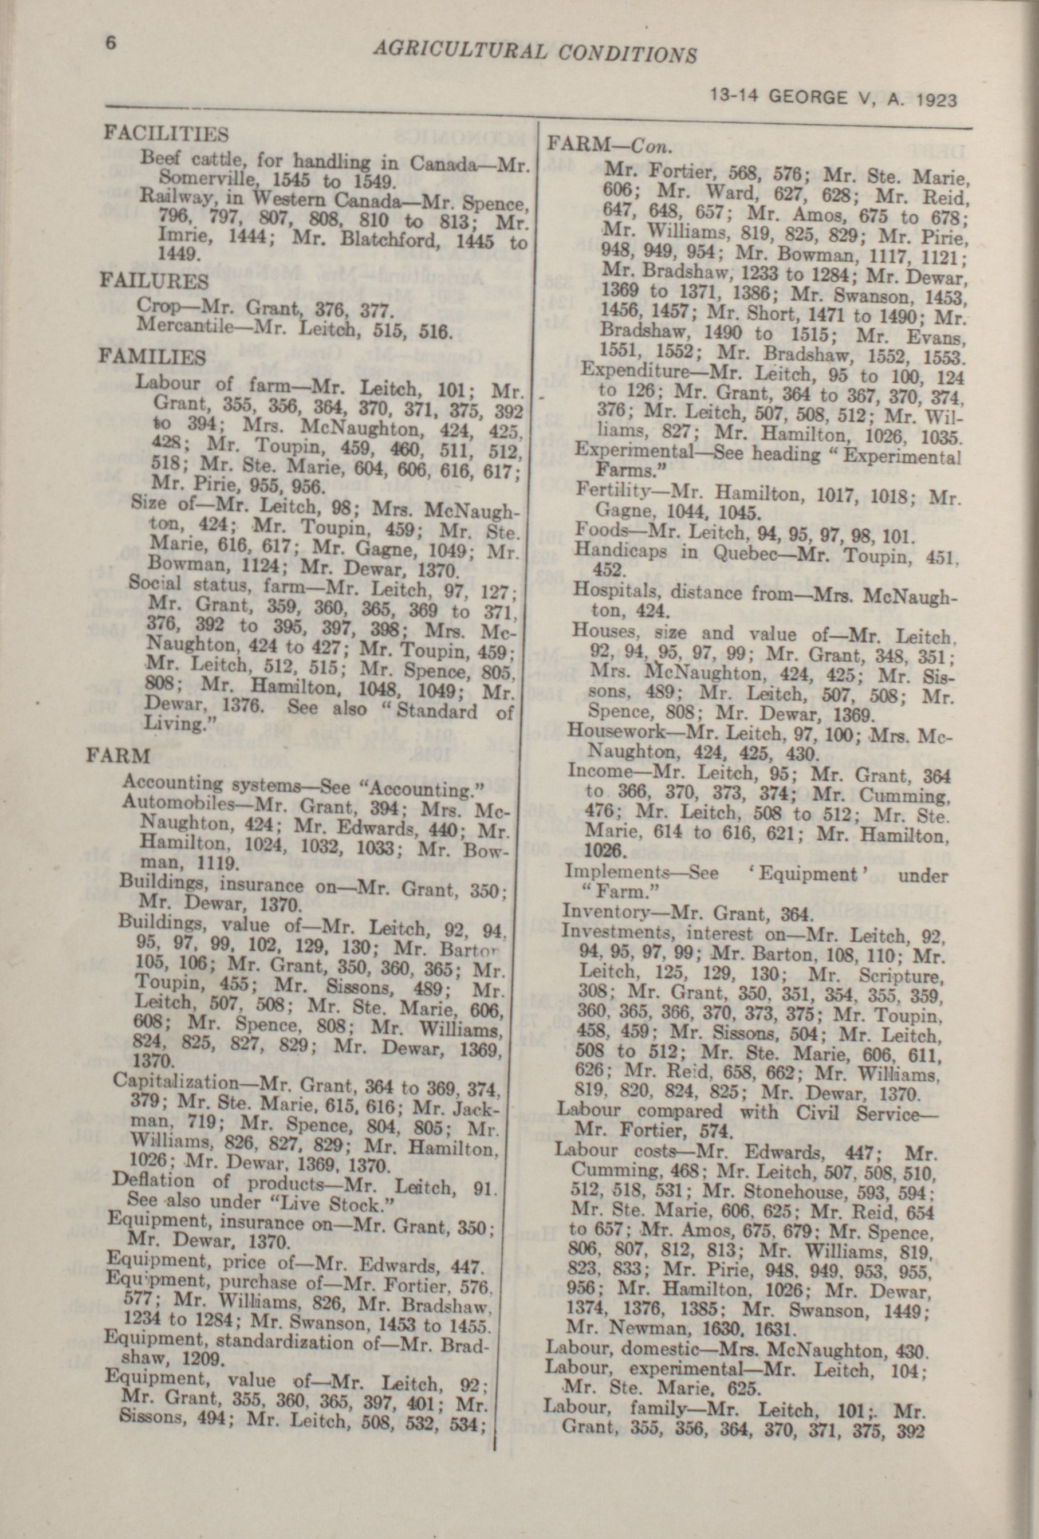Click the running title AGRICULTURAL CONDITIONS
click(535, 51)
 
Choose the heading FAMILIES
click(152, 357)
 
